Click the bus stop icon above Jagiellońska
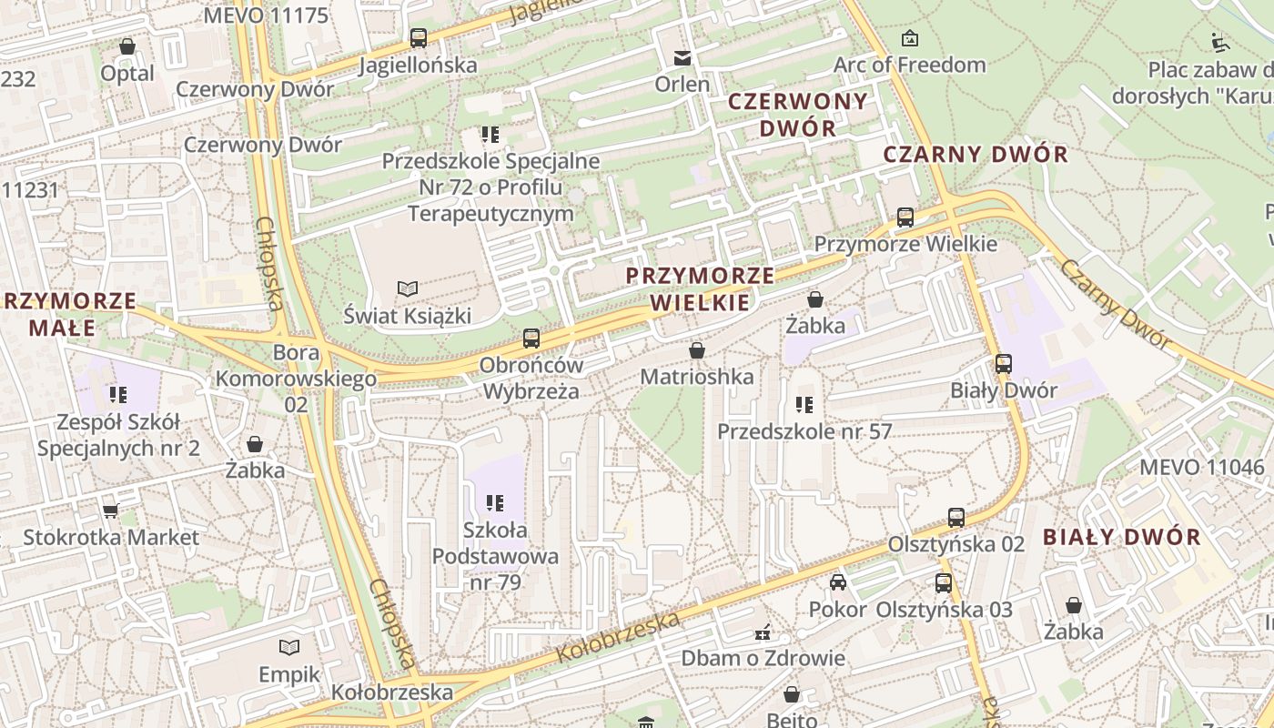(x=418, y=38)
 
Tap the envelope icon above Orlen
(x=682, y=58)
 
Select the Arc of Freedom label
(x=909, y=65)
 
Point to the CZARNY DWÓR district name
(x=976, y=154)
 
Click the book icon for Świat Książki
(x=408, y=288)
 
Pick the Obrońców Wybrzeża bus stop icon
(x=531, y=339)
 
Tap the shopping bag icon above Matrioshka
(x=697, y=350)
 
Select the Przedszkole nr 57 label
(x=804, y=431)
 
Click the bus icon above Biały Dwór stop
(x=1003, y=364)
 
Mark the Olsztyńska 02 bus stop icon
(x=955, y=518)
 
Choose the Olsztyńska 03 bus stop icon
(x=944, y=583)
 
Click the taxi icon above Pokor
(x=837, y=582)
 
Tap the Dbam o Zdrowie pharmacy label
(x=763, y=658)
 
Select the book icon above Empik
(x=289, y=647)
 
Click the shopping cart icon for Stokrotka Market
(x=110, y=511)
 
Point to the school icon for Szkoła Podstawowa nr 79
(x=495, y=502)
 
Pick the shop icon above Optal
(x=127, y=46)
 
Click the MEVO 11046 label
(x=1201, y=468)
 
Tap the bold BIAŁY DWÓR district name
(x=1121, y=537)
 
